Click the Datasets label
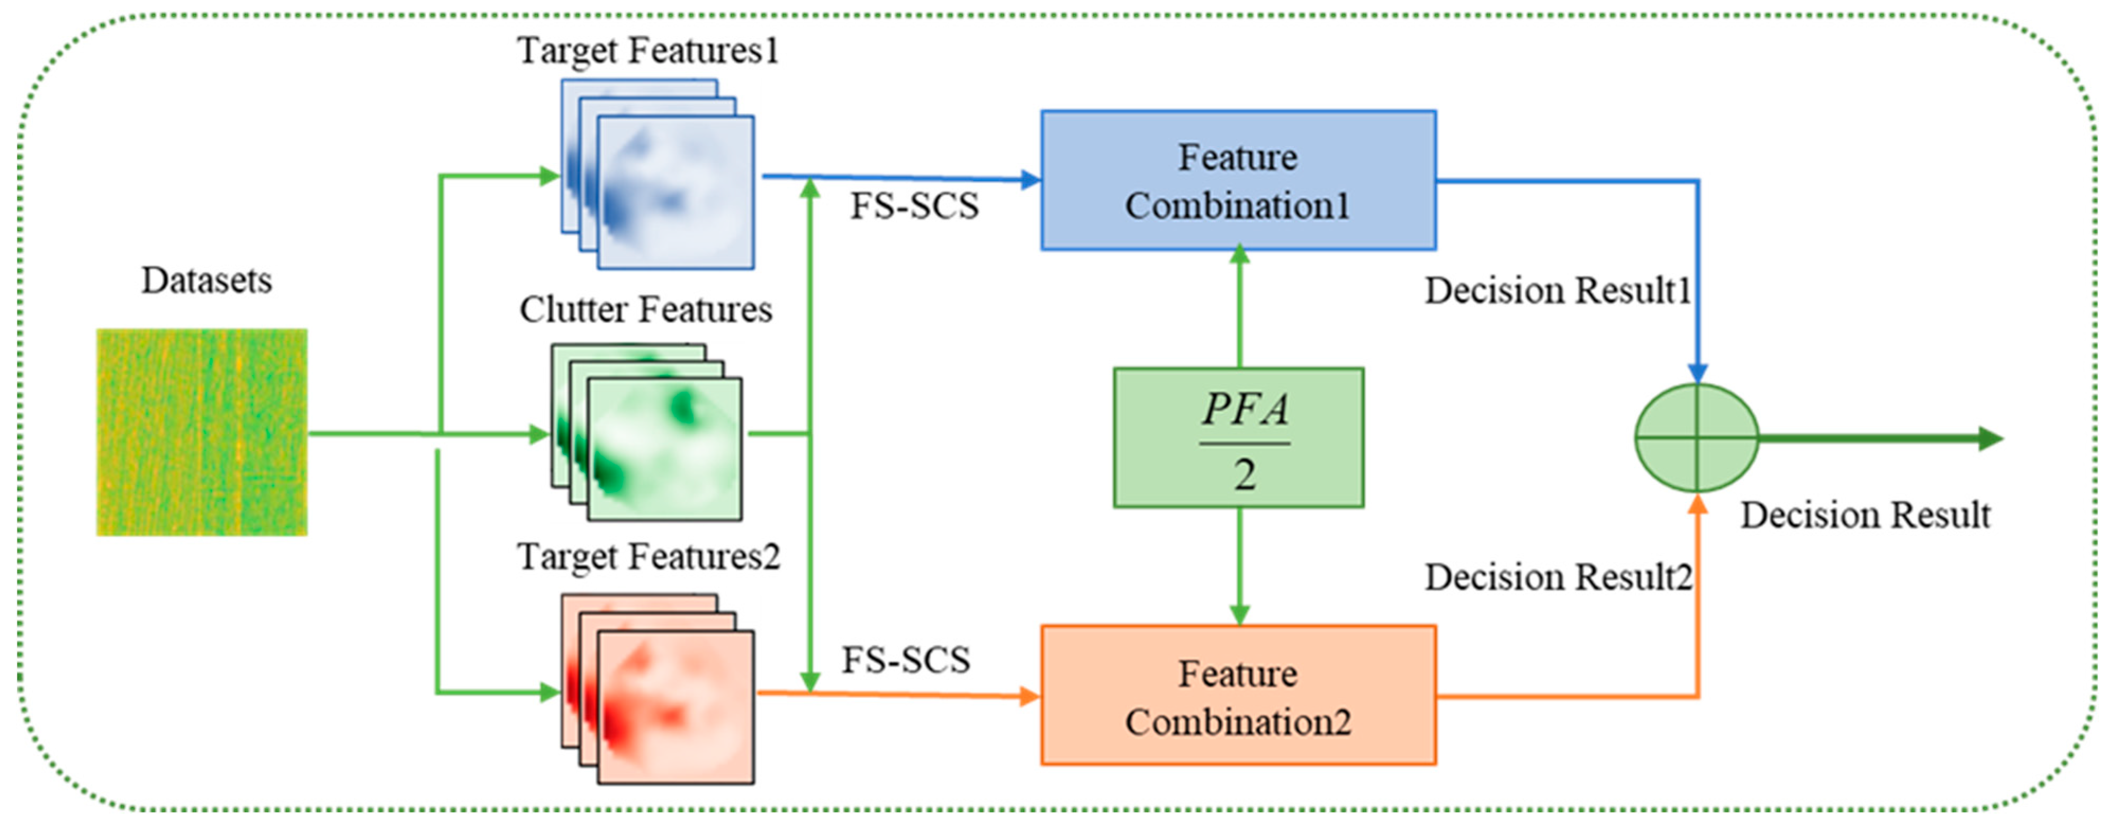click(x=206, y=281)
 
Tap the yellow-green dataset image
click(x=202, y=432)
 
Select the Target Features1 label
click(x=647, y=51)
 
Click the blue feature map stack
click(x=657, y=174)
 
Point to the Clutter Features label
click(x=646, y=310)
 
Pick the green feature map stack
click(x=646, y=432)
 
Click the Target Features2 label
click(x=647, y=557)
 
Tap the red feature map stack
click(x=657, y=690)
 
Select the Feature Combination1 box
click(x=1238, y=181)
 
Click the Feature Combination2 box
click(x=1238, y=696)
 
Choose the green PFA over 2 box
click(x=1238, y=438)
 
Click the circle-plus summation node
click(x=1696, y=438)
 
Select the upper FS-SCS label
click(x=913, y=206)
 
